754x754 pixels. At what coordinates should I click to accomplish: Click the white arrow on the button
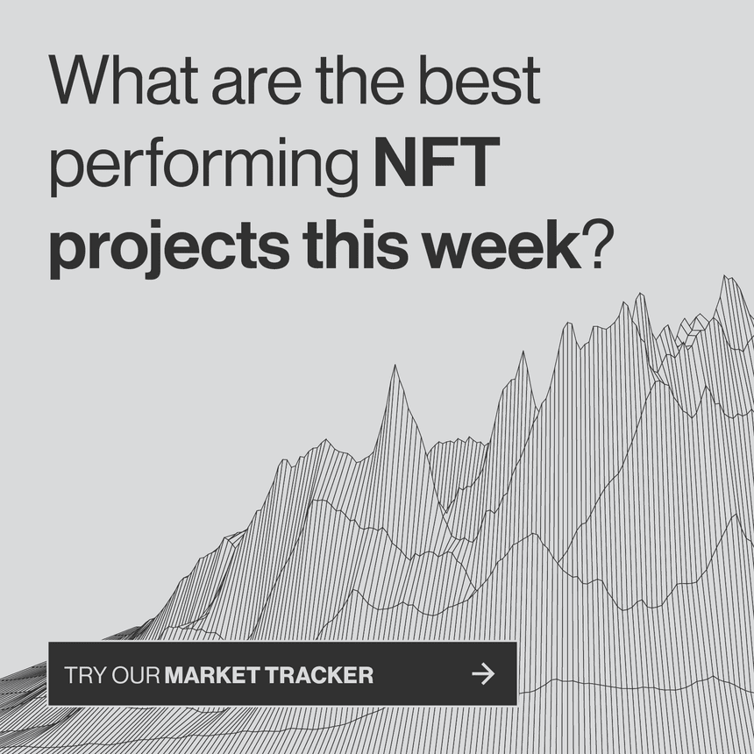(x=483, y=673)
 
